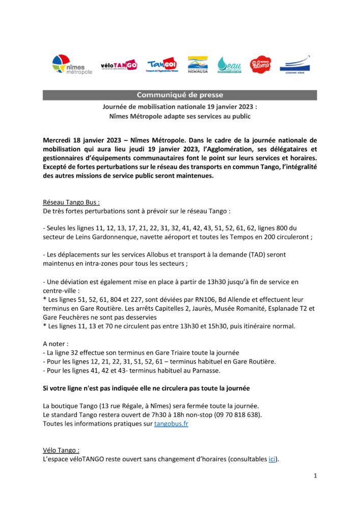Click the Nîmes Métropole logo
pyautogui.click(x=72, y=65)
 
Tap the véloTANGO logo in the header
pyautogui.click(x=119, y=65)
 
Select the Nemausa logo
pyautogui.click(x=197, y=65)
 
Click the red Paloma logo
pyautogui.click(x=260, y=65)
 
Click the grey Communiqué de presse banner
pyautogui.click(x=180, y=95)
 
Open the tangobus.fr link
pyautogui.click(x=171, y=423)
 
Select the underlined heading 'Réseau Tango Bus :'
pyautogui.click(x=71, y=202)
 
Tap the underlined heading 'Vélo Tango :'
pyautogui.click(x=61, y=450)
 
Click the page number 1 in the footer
pyautogui.click(x=315, y=476)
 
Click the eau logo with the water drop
pyautogui.click(x=229, y=65)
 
